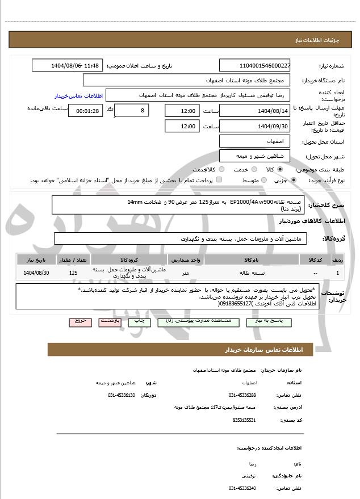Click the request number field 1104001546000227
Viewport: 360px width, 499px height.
point(255,65)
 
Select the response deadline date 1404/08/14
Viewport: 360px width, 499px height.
point(255,110)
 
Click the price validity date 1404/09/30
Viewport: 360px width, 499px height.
point(255,126)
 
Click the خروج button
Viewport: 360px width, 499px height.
point(80,321)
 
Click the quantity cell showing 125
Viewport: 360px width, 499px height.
point(73,273)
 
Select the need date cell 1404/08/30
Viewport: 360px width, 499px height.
point(37,273)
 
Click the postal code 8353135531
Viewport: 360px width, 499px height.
point(244,420)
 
